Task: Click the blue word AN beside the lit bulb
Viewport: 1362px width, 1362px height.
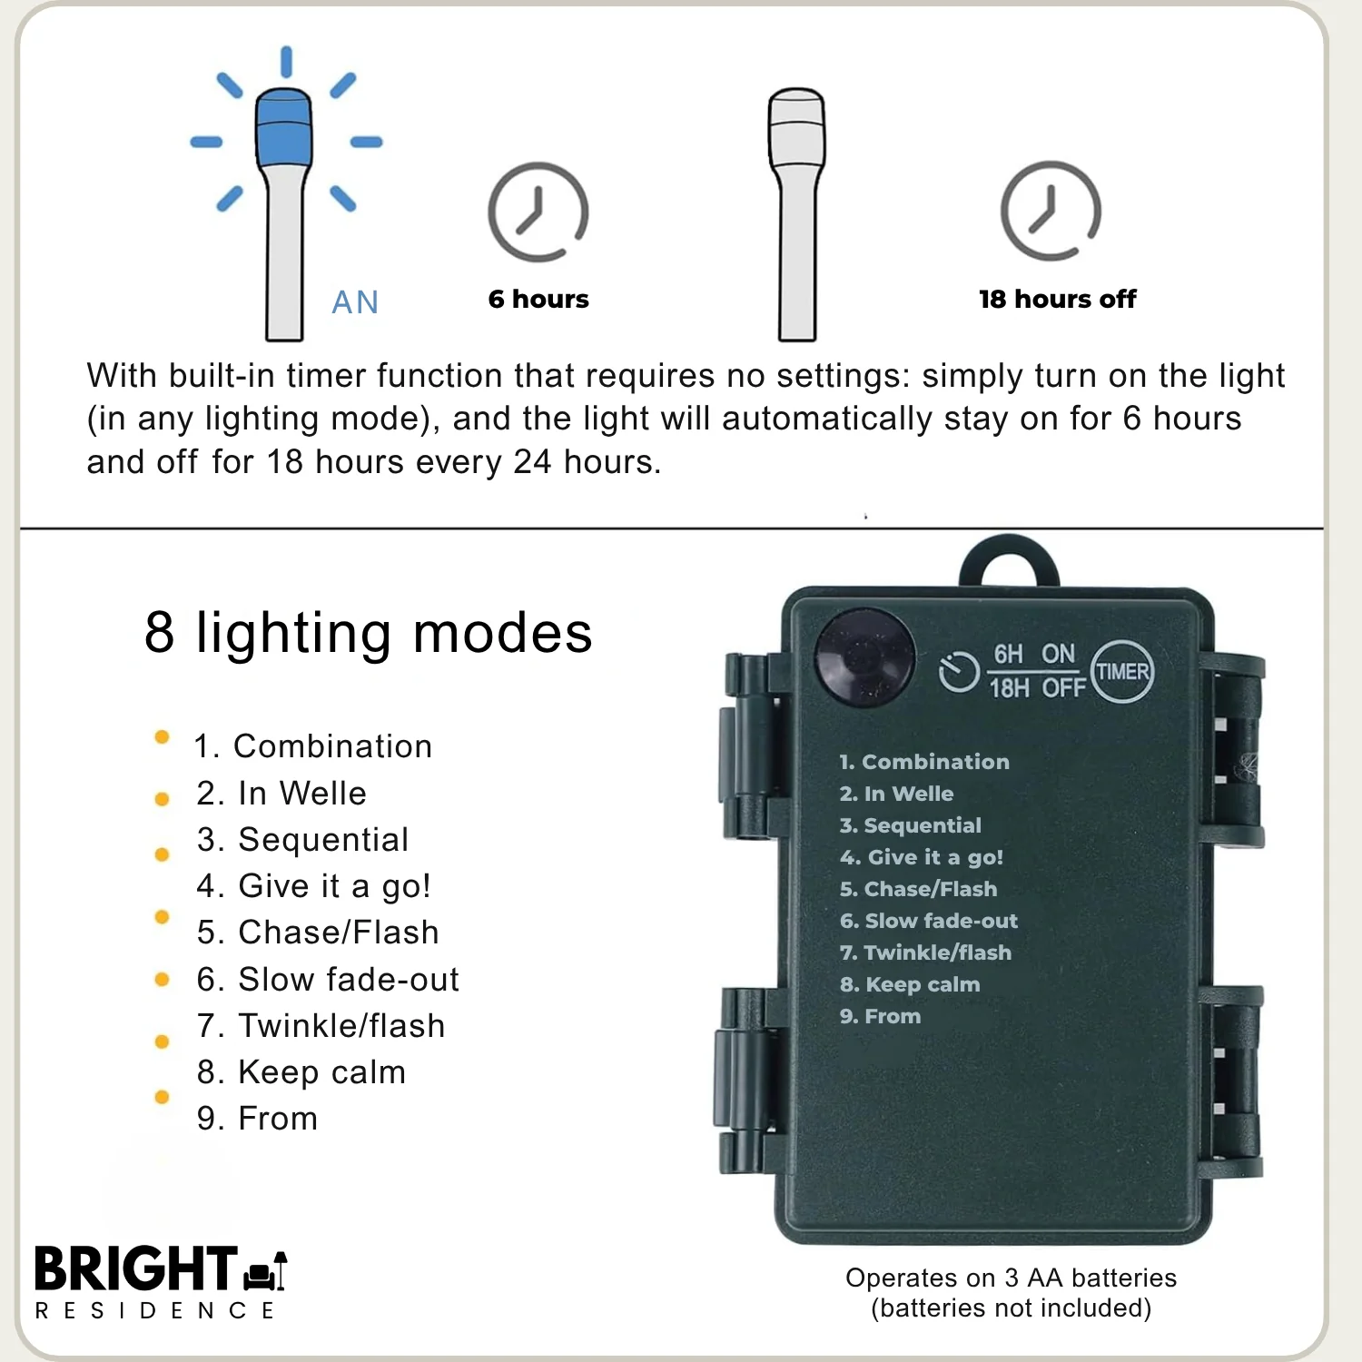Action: (355, 302)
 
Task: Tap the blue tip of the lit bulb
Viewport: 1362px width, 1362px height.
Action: (284, 128)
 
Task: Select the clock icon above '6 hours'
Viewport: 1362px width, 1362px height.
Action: (538, 212)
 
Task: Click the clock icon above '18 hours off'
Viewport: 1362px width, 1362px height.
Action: (1051, 211)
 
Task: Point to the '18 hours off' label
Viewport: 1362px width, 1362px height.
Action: (1058, 299)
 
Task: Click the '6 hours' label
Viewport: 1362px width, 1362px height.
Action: (538, 299)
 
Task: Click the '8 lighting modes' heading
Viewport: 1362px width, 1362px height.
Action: (369, 632)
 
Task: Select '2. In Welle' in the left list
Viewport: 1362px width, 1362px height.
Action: (281, 793)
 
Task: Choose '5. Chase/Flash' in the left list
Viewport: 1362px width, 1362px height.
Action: (318, 932)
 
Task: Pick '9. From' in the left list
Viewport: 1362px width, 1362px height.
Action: (258, 1118)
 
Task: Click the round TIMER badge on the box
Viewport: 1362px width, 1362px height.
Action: (1122, 672)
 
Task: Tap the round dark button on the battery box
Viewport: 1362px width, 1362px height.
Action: (864, 657)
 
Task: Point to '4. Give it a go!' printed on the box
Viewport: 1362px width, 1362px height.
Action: (922, 857)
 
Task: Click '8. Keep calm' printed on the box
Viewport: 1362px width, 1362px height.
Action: (910, 984)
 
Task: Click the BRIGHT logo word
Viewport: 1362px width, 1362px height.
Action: (136, 1268)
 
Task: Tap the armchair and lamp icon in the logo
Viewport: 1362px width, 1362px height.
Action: (265, 1269)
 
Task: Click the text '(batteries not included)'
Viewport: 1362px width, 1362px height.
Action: (1012, 1308)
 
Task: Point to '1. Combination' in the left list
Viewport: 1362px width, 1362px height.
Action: (313, 745)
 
